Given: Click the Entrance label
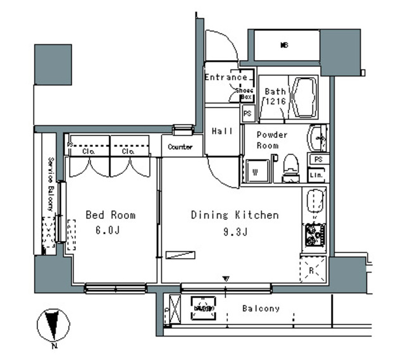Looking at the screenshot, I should [226, 78].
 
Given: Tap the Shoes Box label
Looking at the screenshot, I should [245, 94].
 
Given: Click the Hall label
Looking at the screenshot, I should [222, 131].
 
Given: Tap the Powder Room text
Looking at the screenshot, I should [272, 140].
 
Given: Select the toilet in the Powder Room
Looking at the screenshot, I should [290, 168].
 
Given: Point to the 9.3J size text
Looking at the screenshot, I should [235, 232].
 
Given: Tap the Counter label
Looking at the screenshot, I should [181, 147].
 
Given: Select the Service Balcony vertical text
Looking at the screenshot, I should [49, 184].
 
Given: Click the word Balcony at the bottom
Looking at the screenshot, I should [261, 309].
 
